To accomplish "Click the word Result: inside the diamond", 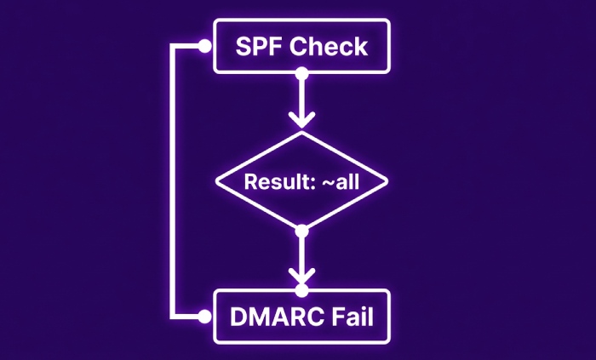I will pos(274,181).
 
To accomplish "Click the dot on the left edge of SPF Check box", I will pos(203,47).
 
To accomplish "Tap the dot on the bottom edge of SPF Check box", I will pos(300,74).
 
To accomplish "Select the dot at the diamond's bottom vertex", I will pos(300,230).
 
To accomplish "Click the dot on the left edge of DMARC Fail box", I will pos(203,317).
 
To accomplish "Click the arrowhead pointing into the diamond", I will pos(300,117).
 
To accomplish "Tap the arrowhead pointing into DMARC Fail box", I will pos(300,277).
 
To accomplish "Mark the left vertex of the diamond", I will pos(216,180).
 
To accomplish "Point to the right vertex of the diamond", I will pos(387,180).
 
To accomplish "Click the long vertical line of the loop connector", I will pos(174,182).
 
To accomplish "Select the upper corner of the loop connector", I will pos(174,47).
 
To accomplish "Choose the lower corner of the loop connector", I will pos(174,317).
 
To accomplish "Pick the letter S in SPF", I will pos(241,47).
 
